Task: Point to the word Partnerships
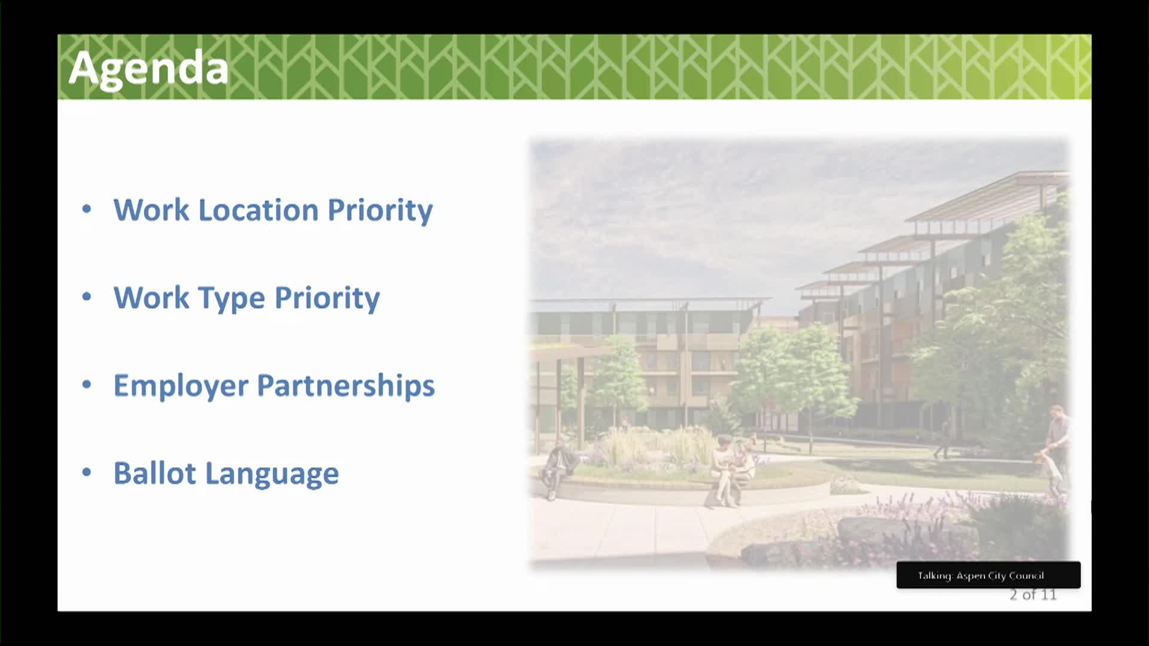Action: [x=346, y=385]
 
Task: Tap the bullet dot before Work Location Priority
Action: [x=87, y=209]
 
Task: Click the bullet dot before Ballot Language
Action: [x=87, y=473]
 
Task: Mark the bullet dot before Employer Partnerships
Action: [x=87, y=385]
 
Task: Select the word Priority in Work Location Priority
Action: [x=380, y=211]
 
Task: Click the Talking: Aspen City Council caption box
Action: [x=988, y=575]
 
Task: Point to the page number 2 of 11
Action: [x=1033, y=595]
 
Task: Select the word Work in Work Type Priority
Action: [x=151, y=298]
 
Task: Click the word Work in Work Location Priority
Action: [x=151, y=210]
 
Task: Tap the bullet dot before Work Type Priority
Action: [x=87, y=297]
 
